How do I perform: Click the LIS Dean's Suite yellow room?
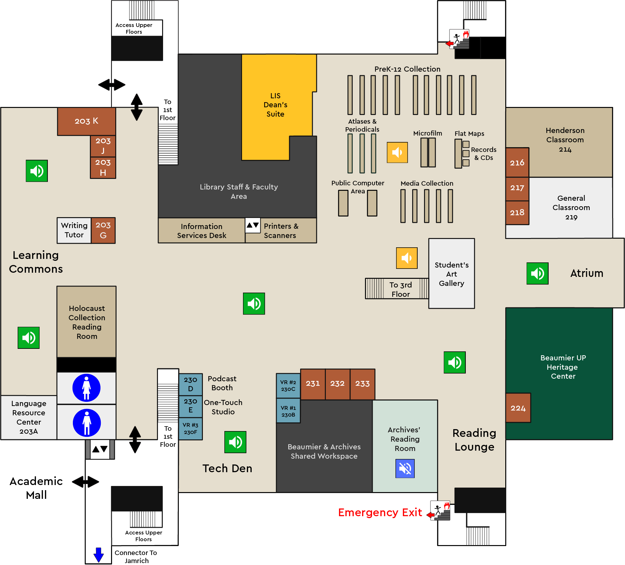click(275, 105)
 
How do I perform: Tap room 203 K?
click(86, 121)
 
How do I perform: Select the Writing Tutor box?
click(74, 230)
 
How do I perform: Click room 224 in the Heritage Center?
click(518, 408)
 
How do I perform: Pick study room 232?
click(337, 384)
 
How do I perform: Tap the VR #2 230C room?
click(288, 385)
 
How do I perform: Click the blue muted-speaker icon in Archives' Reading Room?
click(405, 469)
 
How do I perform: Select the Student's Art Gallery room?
click(451, 274)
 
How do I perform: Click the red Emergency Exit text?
click(380, 512)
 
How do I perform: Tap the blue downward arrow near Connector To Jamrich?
click(99, 555)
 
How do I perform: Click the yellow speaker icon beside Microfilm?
click(397, 153)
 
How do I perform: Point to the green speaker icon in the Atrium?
click(537, 274)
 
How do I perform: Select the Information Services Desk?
click(202, 231)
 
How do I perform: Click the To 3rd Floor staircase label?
click(400, 289)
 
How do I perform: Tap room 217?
click(517, 188)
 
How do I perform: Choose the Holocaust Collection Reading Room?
click(87, 322)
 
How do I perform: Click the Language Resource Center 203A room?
click(29, 417)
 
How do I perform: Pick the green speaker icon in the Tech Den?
click(235, 442)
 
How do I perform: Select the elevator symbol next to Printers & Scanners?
click(253, 225)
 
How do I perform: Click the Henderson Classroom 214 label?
click(565, 140)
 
